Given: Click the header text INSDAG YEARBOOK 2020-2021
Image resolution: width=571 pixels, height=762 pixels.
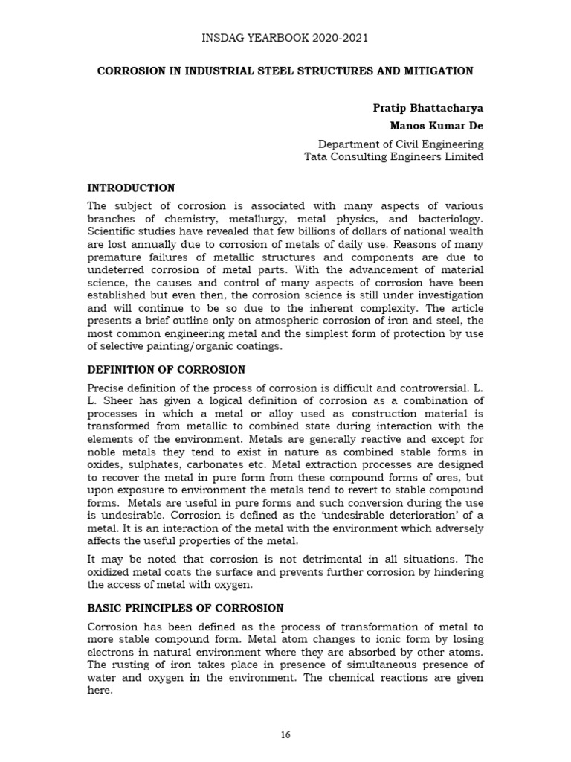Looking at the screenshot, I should (285, 38).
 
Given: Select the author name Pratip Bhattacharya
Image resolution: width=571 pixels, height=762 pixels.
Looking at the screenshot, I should (428, 108).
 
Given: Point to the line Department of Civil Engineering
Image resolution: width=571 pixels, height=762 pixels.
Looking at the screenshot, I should (400, 144).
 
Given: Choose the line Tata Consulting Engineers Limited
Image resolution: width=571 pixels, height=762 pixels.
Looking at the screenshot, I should (393, 157).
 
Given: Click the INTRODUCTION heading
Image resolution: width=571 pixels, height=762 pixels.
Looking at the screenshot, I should (131, 188).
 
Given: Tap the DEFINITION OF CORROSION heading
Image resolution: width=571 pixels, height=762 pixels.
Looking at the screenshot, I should (166, 370).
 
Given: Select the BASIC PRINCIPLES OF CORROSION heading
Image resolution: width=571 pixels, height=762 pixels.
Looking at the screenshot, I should (185, 609).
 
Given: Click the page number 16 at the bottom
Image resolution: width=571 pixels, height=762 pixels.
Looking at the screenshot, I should (285, 735).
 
